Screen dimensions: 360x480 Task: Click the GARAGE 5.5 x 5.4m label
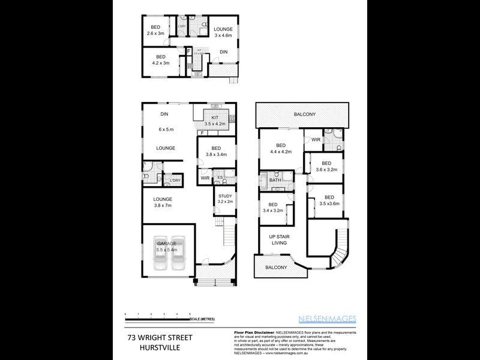coord(166,246)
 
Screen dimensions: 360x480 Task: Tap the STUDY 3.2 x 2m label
coord(225,199)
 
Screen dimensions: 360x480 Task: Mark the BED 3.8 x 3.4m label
coord(216,151)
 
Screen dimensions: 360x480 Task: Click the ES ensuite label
coord(221,178)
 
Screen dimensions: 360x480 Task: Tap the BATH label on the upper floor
coord(275,180)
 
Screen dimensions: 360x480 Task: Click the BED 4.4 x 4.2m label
coord(280,149)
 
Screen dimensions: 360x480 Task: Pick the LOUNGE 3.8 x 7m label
coord(162,202)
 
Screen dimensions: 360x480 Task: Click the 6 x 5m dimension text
coord(166,130)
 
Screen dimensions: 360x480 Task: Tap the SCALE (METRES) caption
coord(203,319)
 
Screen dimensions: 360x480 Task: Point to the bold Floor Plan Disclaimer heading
coord(252,332)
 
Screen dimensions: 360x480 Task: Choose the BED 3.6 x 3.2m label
coord(326,166)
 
